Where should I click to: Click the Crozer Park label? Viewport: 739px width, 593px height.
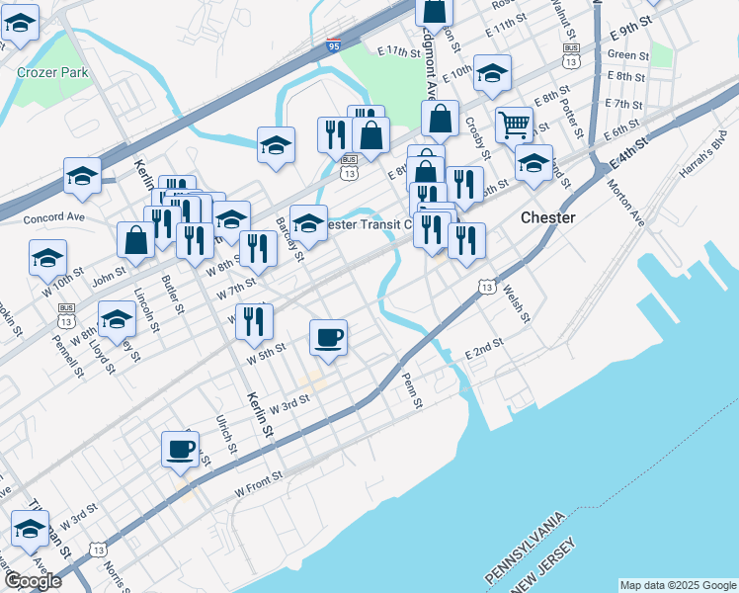(x=52, y=72)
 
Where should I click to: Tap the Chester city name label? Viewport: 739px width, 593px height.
(x=548, y=217)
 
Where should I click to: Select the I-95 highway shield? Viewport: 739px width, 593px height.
(x=334, y=45)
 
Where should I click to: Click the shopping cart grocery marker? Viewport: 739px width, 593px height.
(x=514, y=126)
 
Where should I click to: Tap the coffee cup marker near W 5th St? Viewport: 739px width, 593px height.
(x=329, y=338)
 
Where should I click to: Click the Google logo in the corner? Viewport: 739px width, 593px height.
(x=33, y=581)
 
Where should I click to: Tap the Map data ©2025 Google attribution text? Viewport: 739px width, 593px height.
(x=679, y=585)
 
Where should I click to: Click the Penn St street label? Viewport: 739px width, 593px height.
(x=410, y=389)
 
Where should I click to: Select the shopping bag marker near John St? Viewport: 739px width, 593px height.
(x=136, y=240)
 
